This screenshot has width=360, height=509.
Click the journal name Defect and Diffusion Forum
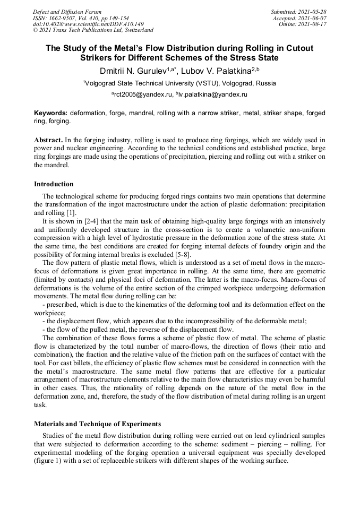67,12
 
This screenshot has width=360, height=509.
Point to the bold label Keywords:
51,113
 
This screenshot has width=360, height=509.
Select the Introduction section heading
54,184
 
